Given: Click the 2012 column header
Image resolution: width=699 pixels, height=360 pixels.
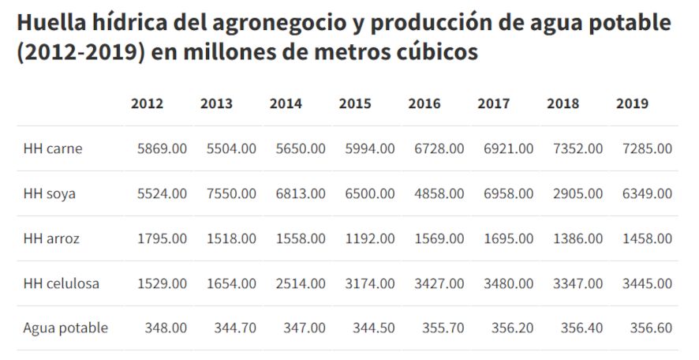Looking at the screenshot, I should pyautogui.click(x=148, y=103).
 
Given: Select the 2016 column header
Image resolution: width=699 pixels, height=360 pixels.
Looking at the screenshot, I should pyautogui.click(x=424, y=103).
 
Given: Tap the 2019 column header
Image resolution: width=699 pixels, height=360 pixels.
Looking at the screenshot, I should pyautogui.click(x=632, y=103).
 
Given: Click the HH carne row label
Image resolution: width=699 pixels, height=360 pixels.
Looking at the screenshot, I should pyautogui.click(x=53, y=148).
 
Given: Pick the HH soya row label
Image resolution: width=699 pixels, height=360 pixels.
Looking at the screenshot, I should pyautogui.click(x=50, y=193).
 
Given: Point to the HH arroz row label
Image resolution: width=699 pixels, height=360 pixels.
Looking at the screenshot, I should pyautogui.click(x=52, y=238).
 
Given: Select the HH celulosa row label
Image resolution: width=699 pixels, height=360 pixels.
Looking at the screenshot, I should pyautogui.click(x=62, y=283).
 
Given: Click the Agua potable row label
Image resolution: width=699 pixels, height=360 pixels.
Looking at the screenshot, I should pyautogui.click(x=65, y=328).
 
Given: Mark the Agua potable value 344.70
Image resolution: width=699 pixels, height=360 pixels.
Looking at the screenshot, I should pyautogui.click(x=235, y=328).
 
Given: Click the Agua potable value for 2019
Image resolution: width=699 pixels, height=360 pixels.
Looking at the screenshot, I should pyautogui.click(x=651, y=328).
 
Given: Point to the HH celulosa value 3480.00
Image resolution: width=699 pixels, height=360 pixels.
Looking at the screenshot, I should pyautogui.click(x=510, y=283).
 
